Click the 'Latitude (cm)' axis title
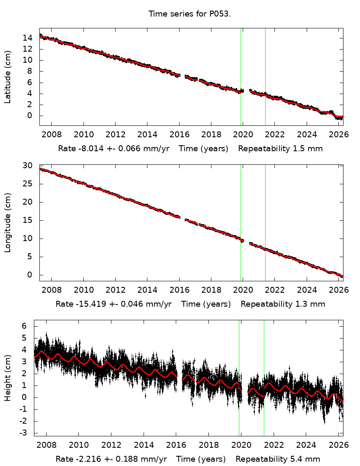coord(8,77)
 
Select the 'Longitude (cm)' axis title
coord(8,223)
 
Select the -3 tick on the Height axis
coord(24,433)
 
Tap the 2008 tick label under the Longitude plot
coord(51,291)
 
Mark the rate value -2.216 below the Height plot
coord(85,459)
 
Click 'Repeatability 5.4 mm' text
coord(278,459)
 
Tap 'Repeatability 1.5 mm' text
coord(280,149)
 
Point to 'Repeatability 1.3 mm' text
coord(283,304)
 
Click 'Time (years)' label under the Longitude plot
coord(206,304)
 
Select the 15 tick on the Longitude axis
coord(30,220)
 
